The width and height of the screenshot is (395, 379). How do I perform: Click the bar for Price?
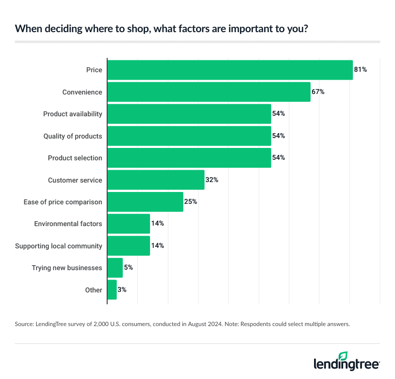click(x=230, y=70)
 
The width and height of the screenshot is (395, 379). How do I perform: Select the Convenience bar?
click(x=209, y=92)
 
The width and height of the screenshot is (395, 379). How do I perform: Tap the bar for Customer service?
click(x=156, y=180)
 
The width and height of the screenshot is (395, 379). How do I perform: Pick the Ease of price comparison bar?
click(x=145, y=202)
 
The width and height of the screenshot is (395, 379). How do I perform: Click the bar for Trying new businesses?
click(x=115, y=268)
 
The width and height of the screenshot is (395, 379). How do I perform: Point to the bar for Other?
click(x=112, y=290)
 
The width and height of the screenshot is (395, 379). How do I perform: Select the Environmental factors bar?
click(x=129, y=224)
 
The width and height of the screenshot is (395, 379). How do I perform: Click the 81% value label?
click(x=360, y=70)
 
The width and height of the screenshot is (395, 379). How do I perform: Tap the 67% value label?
click(x=318, y=92)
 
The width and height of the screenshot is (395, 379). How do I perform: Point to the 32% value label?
click(x=212, y=180)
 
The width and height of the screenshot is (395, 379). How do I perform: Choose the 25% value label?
click(x=191, y=202)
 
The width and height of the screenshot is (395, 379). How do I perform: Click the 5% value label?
click(x=128, y=268)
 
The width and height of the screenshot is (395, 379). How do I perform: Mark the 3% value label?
click(x=122, y=290)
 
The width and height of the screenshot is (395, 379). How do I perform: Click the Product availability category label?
click(x=73, y=114)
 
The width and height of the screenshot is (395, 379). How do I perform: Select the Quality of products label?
click(x=73, y=136)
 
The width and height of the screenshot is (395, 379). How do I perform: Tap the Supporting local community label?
click(x=59, y=246)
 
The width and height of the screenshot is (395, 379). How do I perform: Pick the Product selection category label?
click(x=75, y=158)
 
